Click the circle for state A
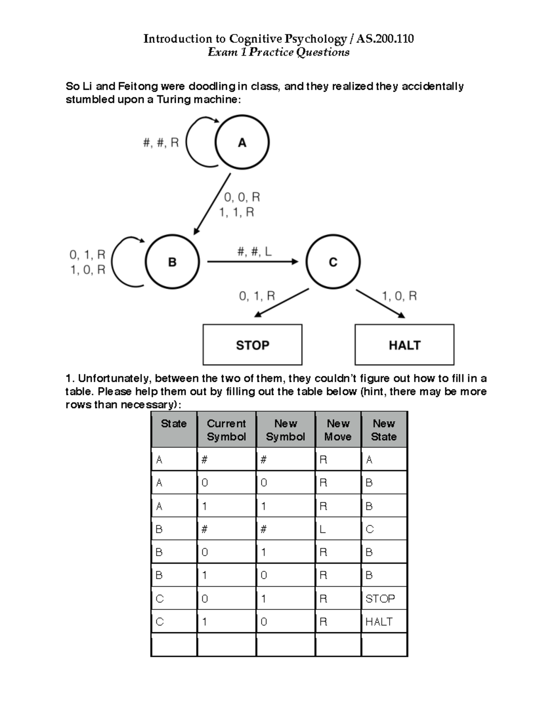point(242,142)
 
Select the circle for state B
point(172,262)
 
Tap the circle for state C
point(333,262)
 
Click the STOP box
point(252,345)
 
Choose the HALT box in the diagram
point(404,345)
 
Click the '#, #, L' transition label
point(254,252)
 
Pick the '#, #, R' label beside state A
point(161,143)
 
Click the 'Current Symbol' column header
point(226,430)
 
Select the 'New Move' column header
point(338,430)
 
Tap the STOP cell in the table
point(380,598)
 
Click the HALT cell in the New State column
point(379,622)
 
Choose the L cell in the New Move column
point(323,529)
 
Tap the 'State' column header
point(173,424)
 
